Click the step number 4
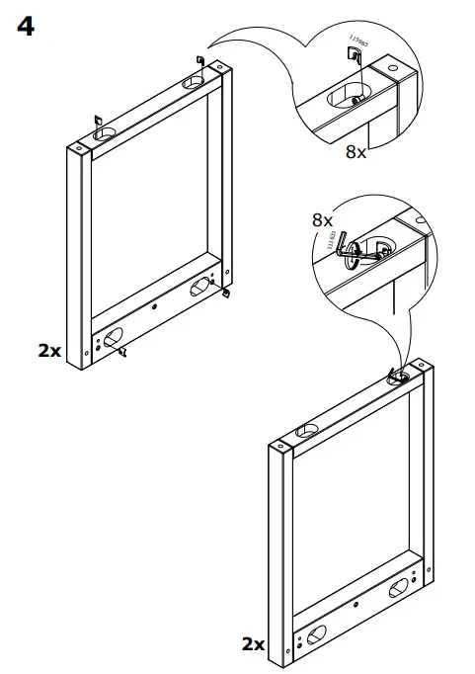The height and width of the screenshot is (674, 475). [26, 27]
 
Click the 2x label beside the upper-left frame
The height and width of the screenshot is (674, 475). [49, 349]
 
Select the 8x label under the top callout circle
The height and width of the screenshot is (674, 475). [356, 152]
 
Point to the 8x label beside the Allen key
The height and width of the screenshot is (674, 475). [323, 219]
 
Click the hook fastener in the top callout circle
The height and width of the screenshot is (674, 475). [353, 61]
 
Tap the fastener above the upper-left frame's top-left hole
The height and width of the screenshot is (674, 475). [97, 121]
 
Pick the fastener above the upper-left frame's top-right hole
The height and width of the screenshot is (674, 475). [200, 61]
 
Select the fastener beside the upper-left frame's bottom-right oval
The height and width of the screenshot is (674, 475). [226, 293]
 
